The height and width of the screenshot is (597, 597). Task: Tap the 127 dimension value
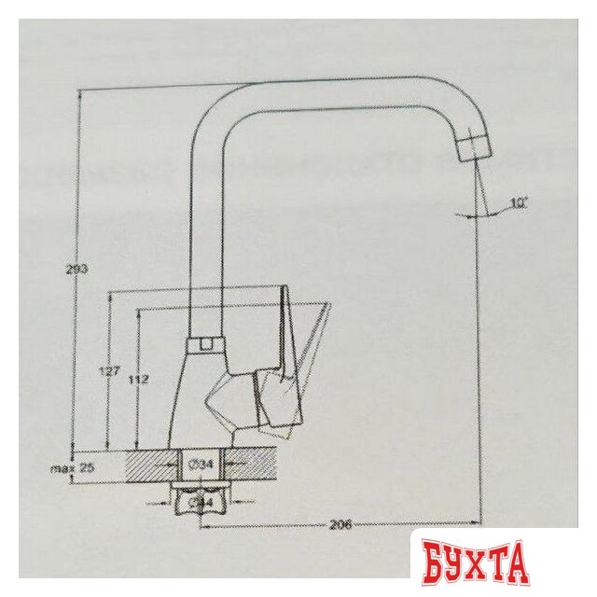[110, 371]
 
